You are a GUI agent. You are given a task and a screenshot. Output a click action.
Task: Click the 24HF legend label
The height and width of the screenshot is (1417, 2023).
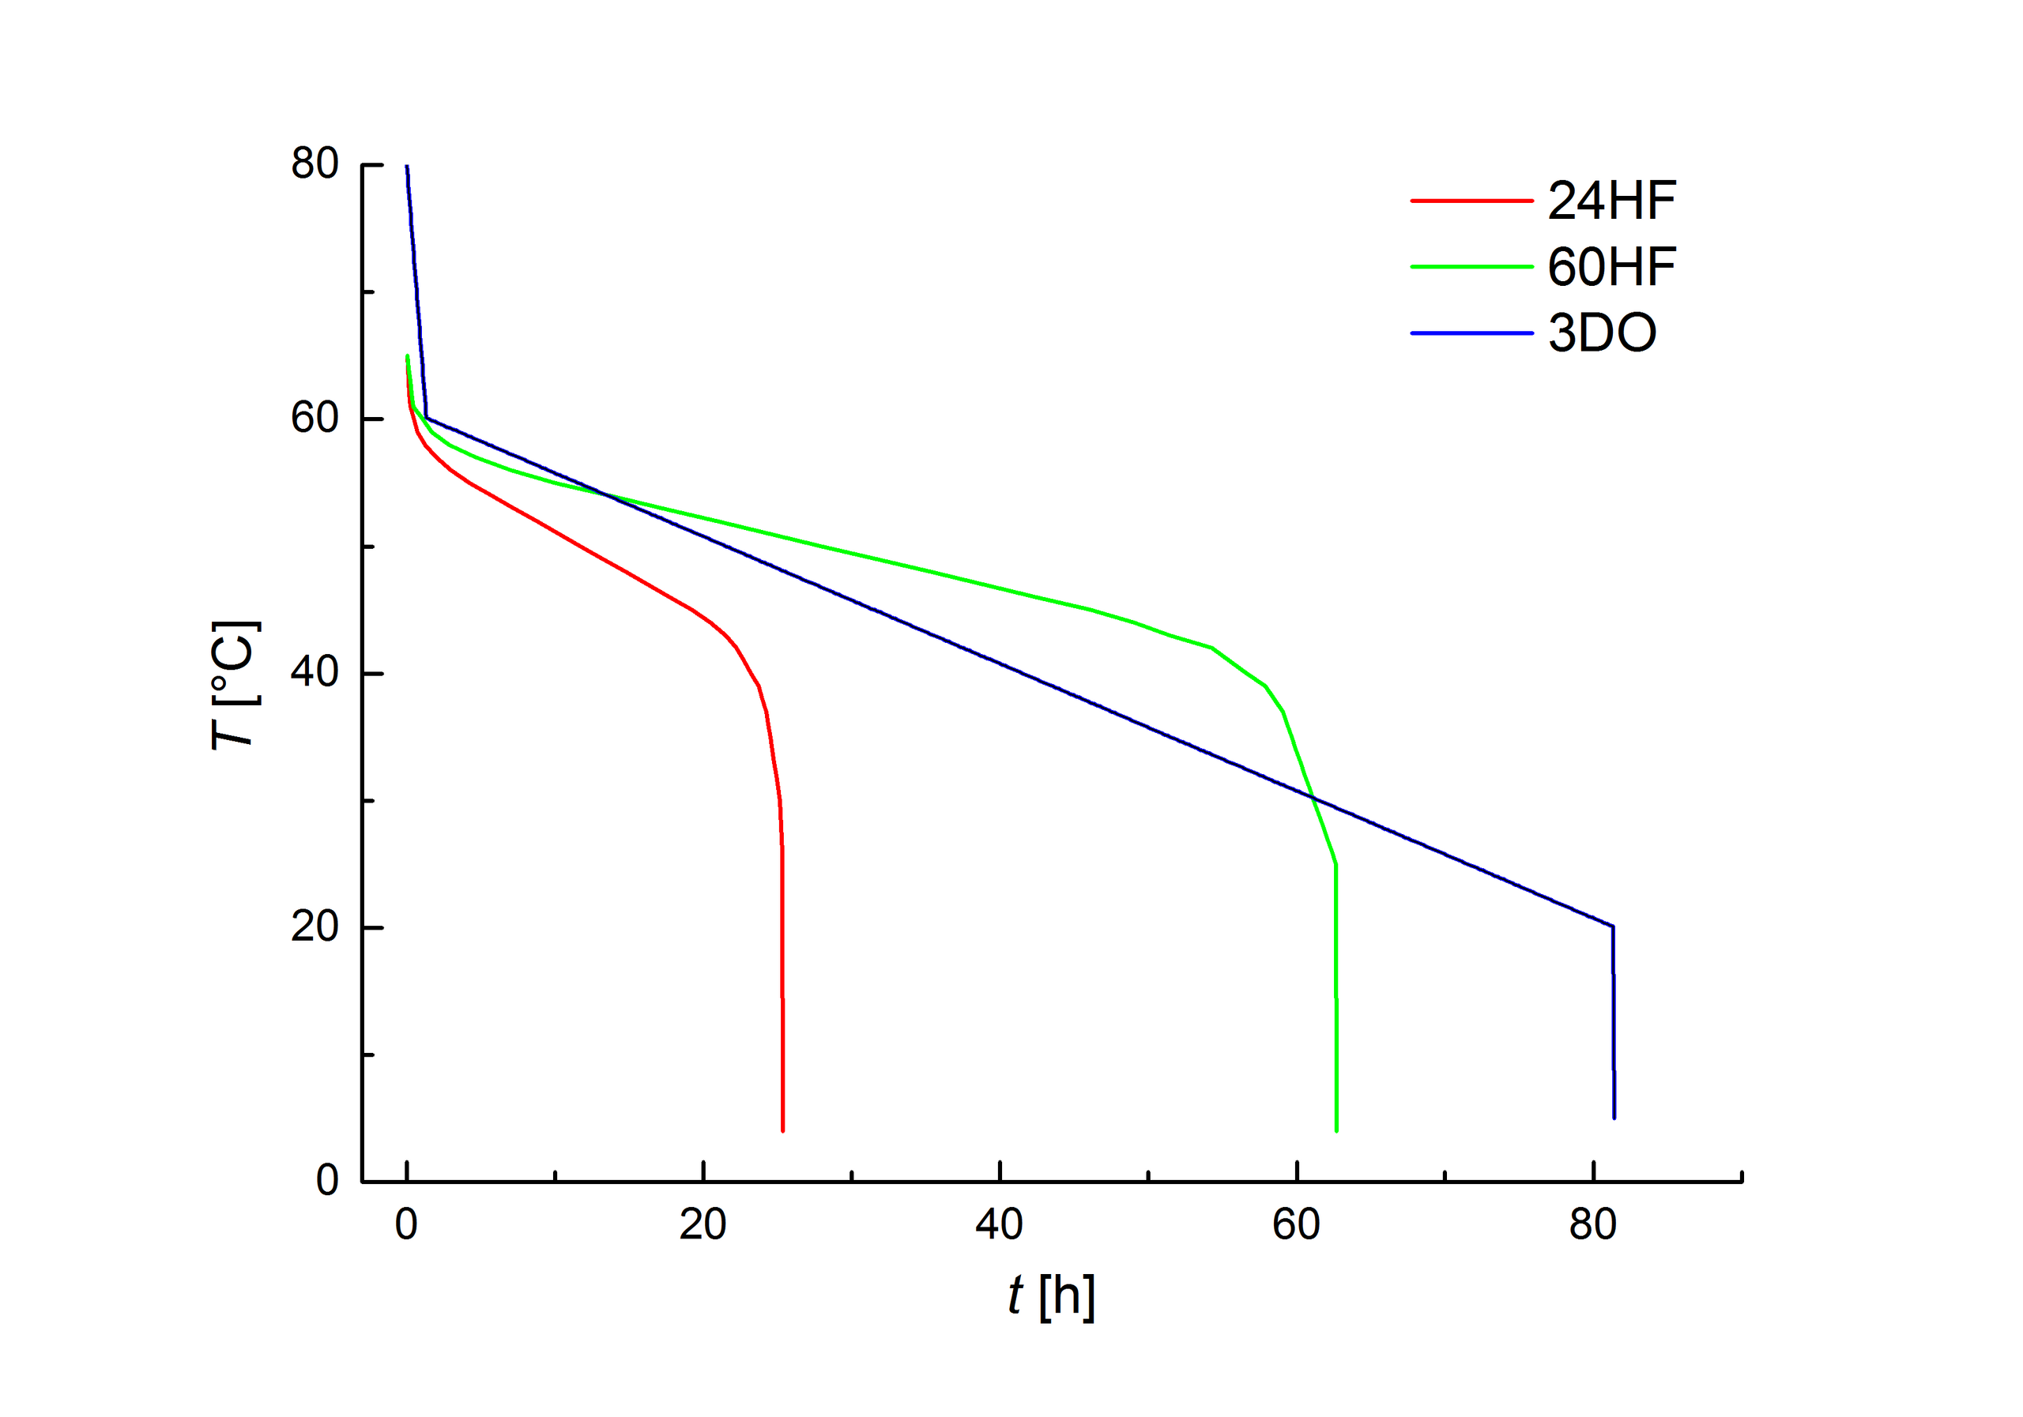[1611, 201]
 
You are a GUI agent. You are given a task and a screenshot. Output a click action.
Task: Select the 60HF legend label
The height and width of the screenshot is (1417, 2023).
[1611, 267]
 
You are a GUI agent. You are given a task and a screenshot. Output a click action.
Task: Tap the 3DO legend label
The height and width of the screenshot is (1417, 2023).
[1602, 334]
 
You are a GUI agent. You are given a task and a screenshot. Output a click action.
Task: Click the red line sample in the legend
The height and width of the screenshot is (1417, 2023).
[1471, 201]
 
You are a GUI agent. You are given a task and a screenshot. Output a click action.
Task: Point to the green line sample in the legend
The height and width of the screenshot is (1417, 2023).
[1471, 266]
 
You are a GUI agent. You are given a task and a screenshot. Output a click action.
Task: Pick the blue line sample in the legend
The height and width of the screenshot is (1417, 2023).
[1471, 333]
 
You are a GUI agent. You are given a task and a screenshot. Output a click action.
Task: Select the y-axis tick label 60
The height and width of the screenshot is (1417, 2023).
[315, 419]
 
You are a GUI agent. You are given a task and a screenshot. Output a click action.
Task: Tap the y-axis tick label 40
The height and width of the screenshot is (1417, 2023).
[315, 673]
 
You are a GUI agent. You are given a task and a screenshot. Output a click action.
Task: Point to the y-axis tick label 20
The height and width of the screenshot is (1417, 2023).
[315, 927]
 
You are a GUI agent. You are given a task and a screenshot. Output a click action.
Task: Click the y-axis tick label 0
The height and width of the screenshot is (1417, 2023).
[327, 1181]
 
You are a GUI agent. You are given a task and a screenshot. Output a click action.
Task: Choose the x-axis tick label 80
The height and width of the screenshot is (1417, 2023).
[1593, 1225]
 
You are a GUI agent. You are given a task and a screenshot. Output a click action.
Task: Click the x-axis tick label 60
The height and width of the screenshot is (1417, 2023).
[1296, 1225]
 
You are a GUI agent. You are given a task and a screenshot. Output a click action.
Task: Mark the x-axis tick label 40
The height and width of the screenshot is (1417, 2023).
[999, 1225]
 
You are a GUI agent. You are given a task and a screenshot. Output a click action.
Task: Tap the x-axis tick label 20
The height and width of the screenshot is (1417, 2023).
[703, 1225]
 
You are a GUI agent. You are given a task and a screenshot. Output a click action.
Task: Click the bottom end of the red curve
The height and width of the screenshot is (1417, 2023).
[782, 1130]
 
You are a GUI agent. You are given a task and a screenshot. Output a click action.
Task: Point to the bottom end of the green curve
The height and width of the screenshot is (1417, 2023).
[1336, 1130]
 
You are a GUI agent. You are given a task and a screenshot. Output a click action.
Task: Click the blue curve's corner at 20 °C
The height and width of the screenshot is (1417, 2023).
[1612, 926]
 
